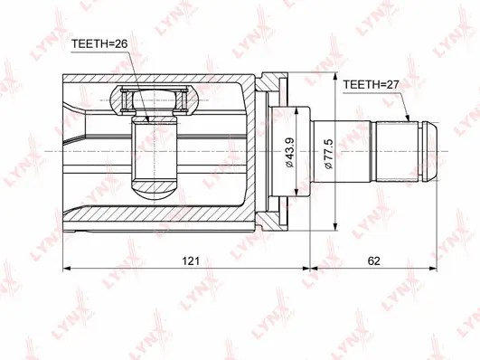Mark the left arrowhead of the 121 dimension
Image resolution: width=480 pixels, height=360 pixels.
coord(68,268)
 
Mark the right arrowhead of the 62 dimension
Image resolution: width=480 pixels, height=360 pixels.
coord(438,268)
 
